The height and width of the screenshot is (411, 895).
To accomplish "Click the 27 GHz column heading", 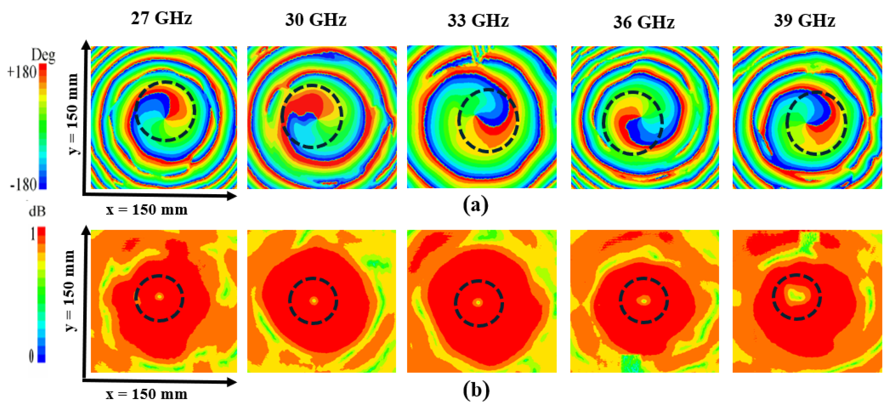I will click(x=162, y=18).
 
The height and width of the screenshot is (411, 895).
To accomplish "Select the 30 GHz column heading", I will click(x=316, y=20).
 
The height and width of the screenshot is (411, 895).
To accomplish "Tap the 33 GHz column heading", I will click(x=478, y=21).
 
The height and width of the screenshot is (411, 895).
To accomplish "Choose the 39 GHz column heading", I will click(x=804, y=21).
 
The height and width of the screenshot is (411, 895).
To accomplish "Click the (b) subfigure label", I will click(x=476, y=390).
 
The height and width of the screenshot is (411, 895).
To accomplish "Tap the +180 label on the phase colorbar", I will click(x=22, y=72).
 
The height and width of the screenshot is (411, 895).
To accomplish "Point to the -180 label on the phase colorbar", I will click(x=23, y=185).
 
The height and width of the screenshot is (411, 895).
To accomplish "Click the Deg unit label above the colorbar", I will click(x=43, y=55).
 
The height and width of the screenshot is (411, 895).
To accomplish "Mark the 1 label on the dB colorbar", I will click(x=32, y=235).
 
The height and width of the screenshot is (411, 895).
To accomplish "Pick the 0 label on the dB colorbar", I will click(x=31, y=356).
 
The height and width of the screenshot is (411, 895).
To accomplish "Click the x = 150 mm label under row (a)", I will click(x=147, y=210).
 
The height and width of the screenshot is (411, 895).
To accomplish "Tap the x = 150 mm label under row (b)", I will click(x=147, y=394).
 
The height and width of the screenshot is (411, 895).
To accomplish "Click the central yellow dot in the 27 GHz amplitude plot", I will click(x=160, y=297).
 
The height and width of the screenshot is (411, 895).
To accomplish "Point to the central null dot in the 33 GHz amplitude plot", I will click(x=478, y=303).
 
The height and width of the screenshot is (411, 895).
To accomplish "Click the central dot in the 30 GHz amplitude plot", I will click(x=314, y=300).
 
